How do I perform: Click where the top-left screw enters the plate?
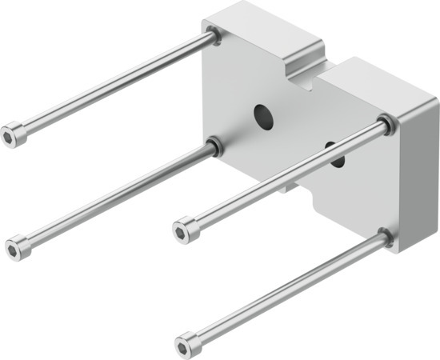(x=213, y=34)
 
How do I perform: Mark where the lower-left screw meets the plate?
(x=214, y=145)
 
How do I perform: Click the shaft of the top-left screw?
(x=112, y=83)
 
